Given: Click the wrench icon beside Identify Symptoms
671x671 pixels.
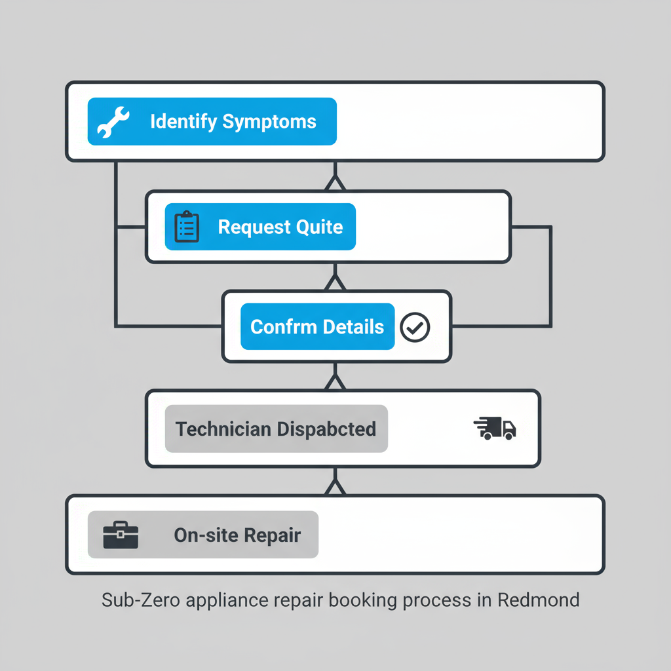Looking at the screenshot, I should (x=113, y=122).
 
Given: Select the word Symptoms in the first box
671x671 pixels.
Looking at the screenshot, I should (x=269, y=122).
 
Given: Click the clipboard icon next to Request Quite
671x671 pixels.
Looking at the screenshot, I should (x=187, y=227).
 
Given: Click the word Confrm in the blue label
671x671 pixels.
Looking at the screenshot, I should (x=280, y=327).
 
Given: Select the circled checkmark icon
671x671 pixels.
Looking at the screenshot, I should (x=415, y=327).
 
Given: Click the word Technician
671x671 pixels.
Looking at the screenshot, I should (x=223, y=429).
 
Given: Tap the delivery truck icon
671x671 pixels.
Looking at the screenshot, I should (x=495, y=429).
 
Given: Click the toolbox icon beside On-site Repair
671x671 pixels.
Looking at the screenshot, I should (x=121, y=535).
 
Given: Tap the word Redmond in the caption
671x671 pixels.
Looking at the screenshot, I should (x=538, y=600).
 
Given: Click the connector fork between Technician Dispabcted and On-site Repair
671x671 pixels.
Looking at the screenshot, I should (x=335, y=484).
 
